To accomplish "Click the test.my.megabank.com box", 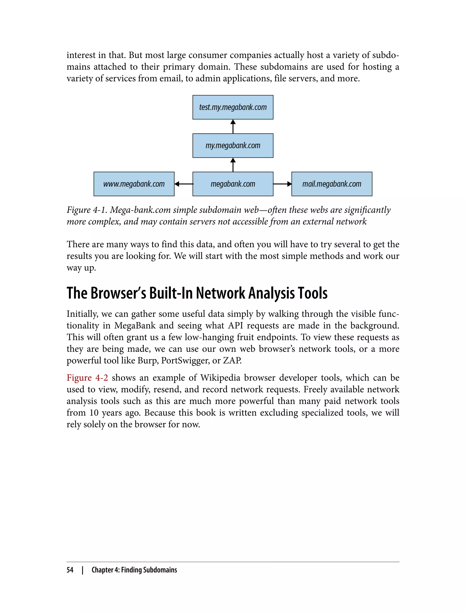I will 233,107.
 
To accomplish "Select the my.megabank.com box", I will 233,145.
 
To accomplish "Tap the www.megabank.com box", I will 134,184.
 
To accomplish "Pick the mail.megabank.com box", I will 332,184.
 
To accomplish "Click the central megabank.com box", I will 233,184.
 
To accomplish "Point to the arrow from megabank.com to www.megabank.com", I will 184,184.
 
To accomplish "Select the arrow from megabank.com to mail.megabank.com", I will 282,184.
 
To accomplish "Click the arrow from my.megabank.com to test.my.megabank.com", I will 233,127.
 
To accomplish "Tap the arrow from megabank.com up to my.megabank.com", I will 233,165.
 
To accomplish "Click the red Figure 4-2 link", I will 87,378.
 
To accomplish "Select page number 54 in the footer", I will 70,570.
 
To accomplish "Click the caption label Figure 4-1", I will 86,210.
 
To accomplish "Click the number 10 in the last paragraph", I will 94,413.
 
